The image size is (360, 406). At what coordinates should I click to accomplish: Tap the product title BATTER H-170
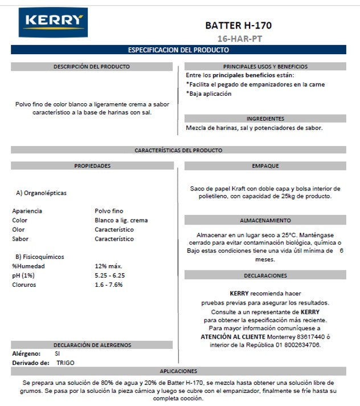click(238, 26)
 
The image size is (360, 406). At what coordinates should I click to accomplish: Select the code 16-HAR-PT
click(238, 39)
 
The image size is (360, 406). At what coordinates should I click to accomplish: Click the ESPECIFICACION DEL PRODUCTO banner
click(178, 50)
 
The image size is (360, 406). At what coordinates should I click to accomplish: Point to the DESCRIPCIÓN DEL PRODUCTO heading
click(92, 67)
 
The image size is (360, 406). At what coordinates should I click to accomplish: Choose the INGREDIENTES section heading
click(265, 119)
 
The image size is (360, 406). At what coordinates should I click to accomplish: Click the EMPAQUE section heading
click(265, 166)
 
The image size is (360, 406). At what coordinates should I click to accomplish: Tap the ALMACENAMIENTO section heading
click(265, 221)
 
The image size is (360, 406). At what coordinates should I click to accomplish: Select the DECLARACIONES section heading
click(265, 276)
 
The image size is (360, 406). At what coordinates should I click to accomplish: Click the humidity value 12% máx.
click(108, 266)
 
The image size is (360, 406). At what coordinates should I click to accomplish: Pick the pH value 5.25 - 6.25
click(110, 275)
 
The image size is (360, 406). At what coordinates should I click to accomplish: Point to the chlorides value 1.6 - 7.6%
click(109, 285)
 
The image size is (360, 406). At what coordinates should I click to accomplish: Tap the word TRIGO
click(66, 363)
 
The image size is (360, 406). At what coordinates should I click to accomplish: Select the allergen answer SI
click(58, 354)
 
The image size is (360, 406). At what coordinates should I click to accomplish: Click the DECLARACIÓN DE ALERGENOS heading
click(92, 345)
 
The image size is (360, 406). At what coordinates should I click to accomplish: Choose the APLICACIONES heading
click(178, 371)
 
